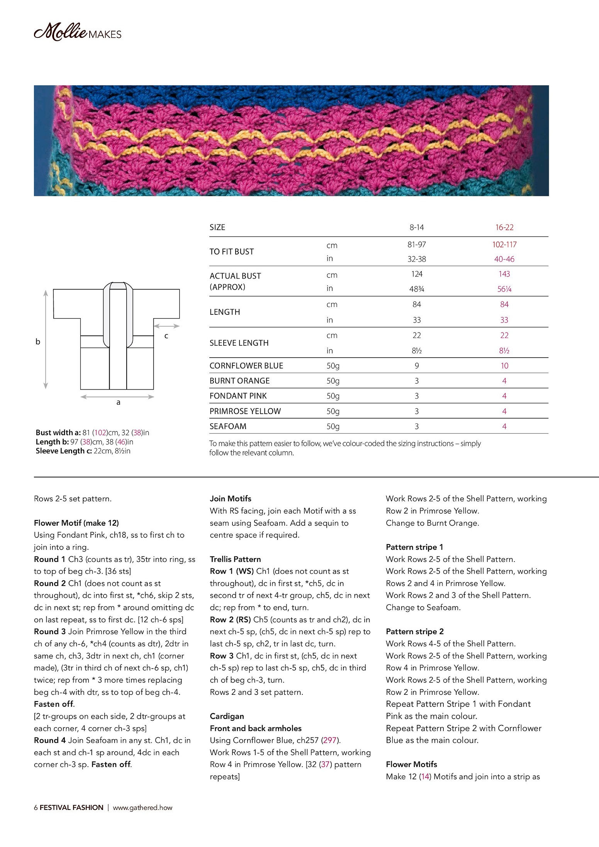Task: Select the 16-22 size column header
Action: point(504,227)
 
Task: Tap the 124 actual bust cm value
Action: point(416,274)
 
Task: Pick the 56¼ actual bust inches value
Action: point(504,289)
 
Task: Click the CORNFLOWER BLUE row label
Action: point(246,366)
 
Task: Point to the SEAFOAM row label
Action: point(227,426)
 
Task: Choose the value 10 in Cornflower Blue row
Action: point(504,366)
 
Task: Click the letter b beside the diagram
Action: point(38,341)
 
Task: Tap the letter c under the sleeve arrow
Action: point(166,336)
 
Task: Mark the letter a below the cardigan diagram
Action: point(118,402)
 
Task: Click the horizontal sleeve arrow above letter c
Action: point(166,326)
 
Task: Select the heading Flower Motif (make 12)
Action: point(76,523)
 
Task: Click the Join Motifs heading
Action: point(231,499)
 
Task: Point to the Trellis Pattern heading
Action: point(235,559)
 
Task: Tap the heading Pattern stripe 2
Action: point(414,631)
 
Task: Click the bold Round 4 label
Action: point(49,740)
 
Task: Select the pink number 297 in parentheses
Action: point(330,740)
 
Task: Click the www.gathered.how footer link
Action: point(143,808)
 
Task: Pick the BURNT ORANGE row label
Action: point(239,381)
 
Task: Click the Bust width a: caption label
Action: point(58,433)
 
